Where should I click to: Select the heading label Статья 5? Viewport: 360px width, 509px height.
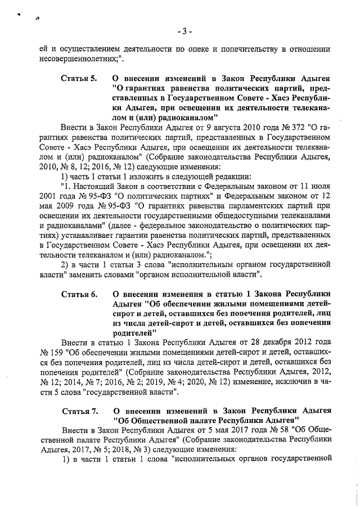click(x=79, y=78)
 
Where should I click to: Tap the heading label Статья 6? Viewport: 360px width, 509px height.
click(x=79, y=294)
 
